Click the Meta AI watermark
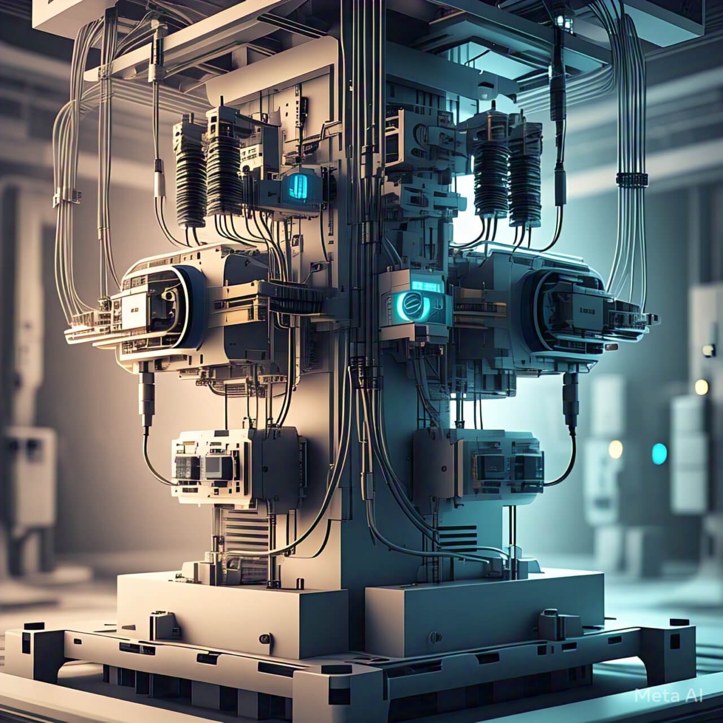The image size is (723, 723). (669, 695)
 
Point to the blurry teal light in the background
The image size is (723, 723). (659, 454)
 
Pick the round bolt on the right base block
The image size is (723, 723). (435, 636)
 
